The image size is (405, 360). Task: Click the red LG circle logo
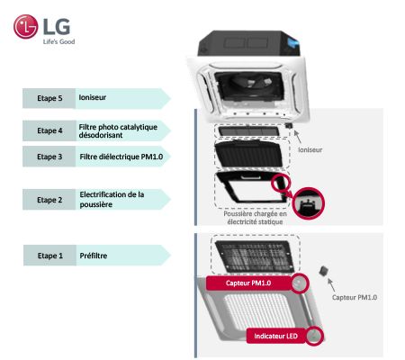25,27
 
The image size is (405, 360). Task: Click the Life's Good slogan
58,41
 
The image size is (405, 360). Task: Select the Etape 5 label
49,98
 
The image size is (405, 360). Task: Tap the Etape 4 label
49,130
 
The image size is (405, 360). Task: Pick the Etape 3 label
49,157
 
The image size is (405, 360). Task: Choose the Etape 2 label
49,200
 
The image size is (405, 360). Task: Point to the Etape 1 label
50,256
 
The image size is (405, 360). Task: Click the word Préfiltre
94,256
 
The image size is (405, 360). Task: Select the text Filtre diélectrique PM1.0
121,157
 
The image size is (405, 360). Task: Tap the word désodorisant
101,135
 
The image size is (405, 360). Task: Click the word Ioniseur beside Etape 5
93,97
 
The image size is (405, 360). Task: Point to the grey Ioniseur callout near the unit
310,149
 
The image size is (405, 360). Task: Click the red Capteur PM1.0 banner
248,283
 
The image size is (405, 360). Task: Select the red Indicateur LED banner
275,336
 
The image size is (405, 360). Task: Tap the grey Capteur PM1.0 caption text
355,297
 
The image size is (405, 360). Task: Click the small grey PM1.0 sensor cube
323,271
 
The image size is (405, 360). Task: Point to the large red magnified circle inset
309,202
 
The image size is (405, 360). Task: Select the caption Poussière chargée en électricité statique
255,218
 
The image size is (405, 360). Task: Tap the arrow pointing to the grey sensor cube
331,285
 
